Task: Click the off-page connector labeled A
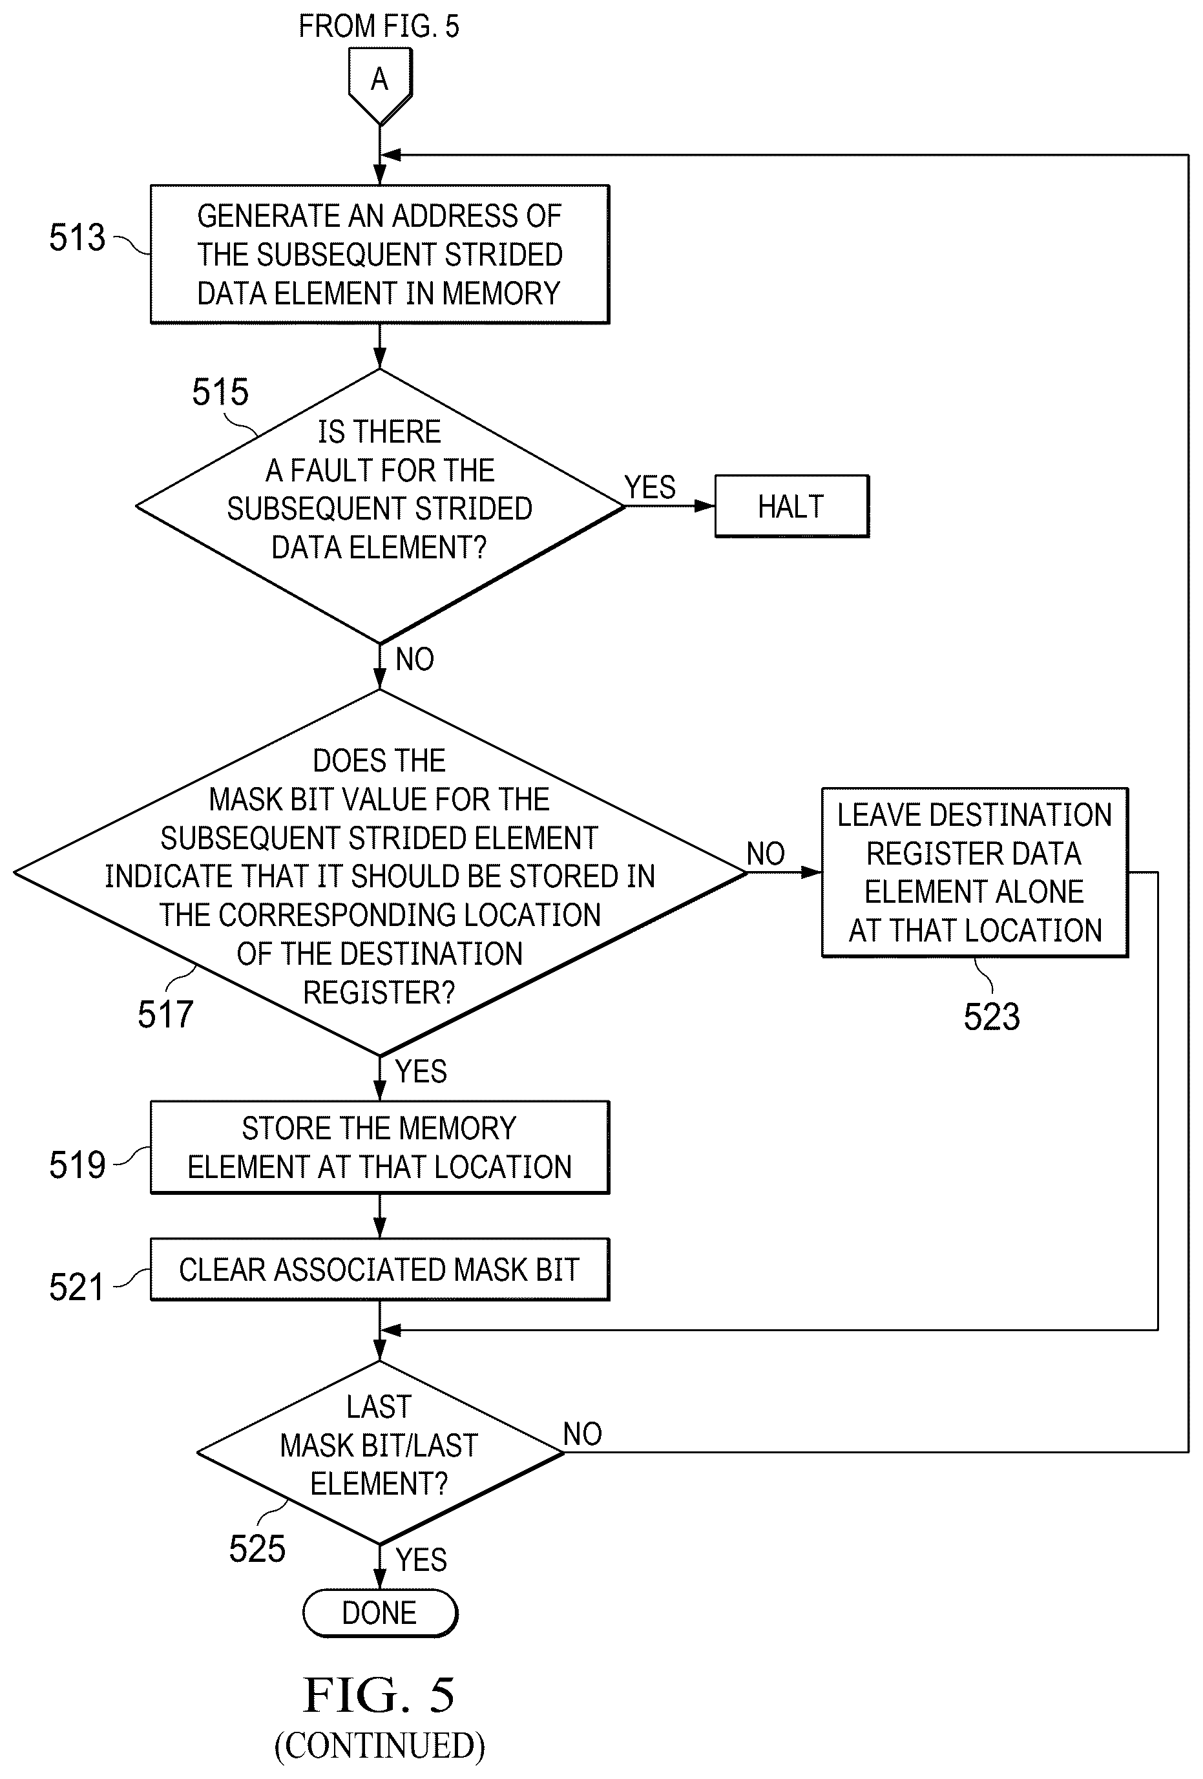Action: click(380, 86)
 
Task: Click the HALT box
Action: click(791, 506)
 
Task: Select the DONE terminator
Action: click(380, 1613)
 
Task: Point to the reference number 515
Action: click(220, 392)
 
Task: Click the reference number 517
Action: click(165, 1015)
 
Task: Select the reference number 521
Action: click(76, 1287)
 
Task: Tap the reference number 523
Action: click(991, 1016)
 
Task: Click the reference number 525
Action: click(256, 1548)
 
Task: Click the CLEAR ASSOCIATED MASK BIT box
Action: click(380, 1269)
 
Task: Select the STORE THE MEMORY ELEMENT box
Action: click(380, 1148)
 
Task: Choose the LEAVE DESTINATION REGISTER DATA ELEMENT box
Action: click(975, 872)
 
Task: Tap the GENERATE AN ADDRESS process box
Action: click(380, 254)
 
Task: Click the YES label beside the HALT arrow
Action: click(650, 487)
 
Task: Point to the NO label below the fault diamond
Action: click(415, 659)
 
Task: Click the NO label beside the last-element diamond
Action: click(582, 1434)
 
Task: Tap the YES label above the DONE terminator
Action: click(421, 1559)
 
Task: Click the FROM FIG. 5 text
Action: click(379, 26)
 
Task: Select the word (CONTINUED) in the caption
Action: click(380, 1745)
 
